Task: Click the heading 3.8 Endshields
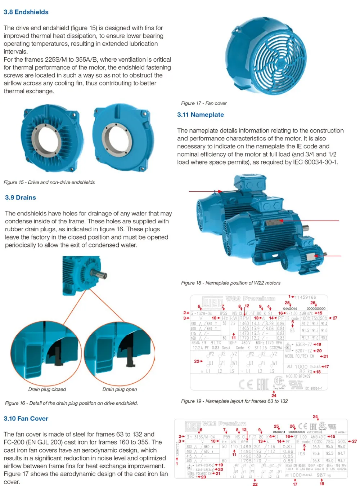pos(26,12)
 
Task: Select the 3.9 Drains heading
pos(21,197)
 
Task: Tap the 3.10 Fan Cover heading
pos(26,418)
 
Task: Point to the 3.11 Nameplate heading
pos(200,115)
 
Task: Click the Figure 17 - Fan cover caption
pos(204,103)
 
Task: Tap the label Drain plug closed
pos(47,389)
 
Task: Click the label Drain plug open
pos(120,389)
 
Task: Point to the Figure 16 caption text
pos(71,403)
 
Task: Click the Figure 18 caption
pos(230,283)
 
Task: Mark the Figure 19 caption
pos(234,401)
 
